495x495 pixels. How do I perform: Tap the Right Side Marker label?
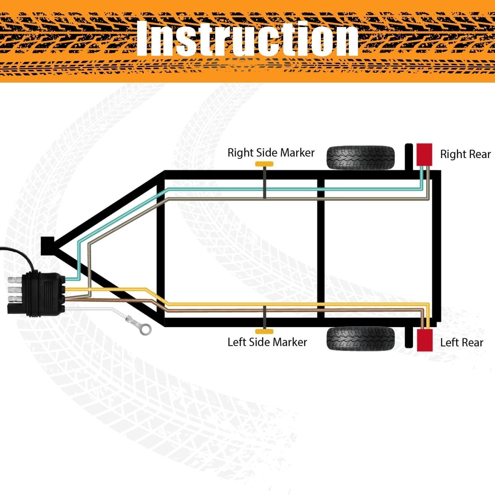[x=271, y=153]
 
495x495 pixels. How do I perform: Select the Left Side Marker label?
[x=267, y=342]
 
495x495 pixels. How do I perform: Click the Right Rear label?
[x=465, y=154]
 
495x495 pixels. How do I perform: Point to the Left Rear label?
[x=462, y=342]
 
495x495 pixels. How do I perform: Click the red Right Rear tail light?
[x=424, y=154]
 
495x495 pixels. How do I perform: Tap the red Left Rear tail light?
[x=424, y=340]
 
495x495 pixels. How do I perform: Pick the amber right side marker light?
[x=264, y=164]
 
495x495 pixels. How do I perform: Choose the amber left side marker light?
[x=264, y=332]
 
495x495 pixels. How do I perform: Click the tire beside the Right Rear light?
[x=361, y=158]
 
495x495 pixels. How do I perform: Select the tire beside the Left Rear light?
[x=361, y=338]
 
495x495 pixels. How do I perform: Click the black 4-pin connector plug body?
[x=46, y=294]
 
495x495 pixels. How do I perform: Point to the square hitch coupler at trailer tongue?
[x=48, y=246]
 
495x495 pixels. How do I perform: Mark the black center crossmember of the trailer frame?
[x=321, y=249]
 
